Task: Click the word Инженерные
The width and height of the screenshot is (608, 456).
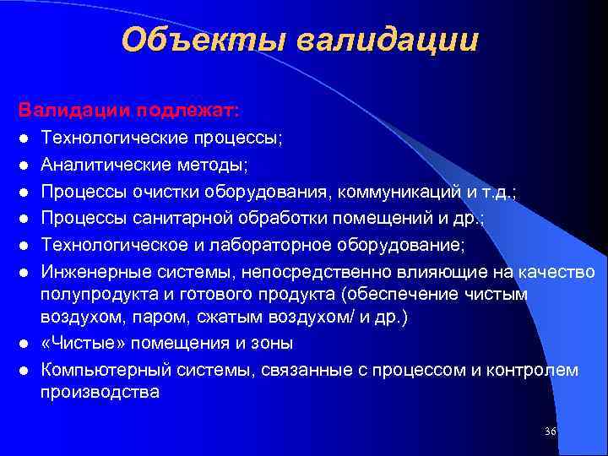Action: (84, 271)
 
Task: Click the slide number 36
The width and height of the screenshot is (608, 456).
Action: (551, 432)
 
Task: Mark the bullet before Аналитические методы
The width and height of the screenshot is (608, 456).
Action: (26, 165)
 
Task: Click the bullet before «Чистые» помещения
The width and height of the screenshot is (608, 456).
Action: (26, 345)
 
